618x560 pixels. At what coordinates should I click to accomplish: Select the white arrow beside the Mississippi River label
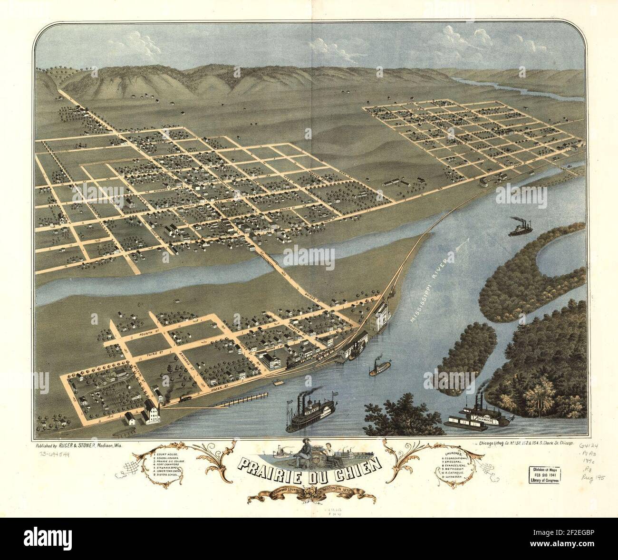tap(461, 248)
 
